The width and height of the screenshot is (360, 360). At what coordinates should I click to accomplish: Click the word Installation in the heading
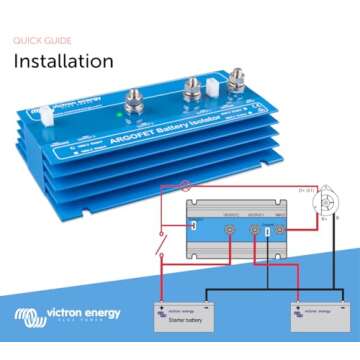[x=63, y=60]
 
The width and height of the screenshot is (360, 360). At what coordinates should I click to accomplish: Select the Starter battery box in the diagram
[x=182, y=316]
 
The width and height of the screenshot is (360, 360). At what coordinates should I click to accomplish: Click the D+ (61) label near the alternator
[x=307, y=188]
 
